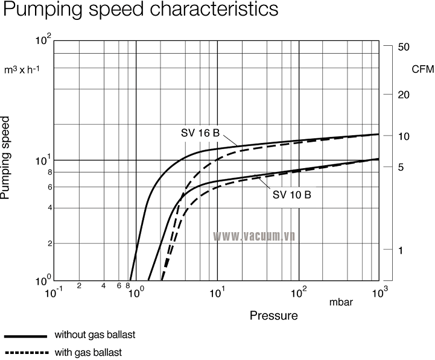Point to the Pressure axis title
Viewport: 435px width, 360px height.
coord(274,315)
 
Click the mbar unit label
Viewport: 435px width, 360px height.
coord(341,302)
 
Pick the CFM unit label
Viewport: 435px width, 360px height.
coord(422,69)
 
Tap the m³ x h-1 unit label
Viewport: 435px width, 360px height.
coord(22,69)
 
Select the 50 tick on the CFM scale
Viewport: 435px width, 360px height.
coord(404,47)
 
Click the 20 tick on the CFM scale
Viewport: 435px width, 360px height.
coord(404,95)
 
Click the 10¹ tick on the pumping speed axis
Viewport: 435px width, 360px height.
coord(43,161)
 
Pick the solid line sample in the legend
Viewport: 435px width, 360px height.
coord(25,335)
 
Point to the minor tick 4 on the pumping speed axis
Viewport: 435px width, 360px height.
coord(49,208)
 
